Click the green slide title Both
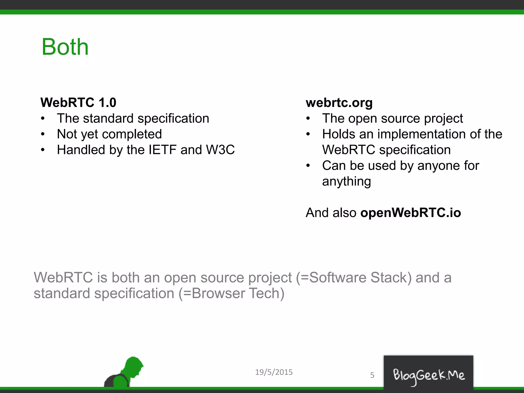pyautogui.click(x=65, y=47)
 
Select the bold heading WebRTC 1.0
pyautogui.click(x=78, y=103)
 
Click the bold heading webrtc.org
pyautogui.click(x=339, y=103)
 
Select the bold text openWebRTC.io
pyautogui.click(x=410, y=213)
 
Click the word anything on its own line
pyautogui.click(x=346, y=181)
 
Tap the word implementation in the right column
pyautogui.click(x=419, y=134)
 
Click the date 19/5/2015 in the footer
pyautogui.click(x=274, y=372)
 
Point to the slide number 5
pyautogui.click(x=372, y=375)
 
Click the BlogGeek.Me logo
pyautogui.click(x=429, y=375)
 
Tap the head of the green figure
pyautogui.click(x=134, y=365)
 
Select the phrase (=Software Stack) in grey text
pyautogui.click(x=354, y=278)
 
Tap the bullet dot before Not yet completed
pyautogui.click(x=43, y=134)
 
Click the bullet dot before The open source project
pyautogui.click(x=308, y=118)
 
